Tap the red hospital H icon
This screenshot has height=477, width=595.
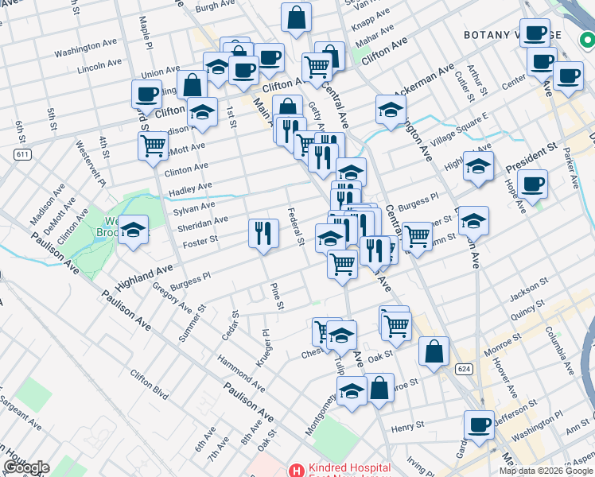point(296,471)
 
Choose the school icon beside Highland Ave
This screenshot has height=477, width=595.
point(133,231)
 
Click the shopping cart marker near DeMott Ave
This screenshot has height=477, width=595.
point(152,145)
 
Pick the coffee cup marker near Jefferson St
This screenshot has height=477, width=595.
point(479,425)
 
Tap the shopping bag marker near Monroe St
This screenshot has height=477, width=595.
point(434,351)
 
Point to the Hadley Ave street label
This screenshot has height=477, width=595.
point(189,188)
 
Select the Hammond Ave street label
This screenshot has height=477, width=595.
point(242,372)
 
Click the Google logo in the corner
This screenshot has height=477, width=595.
point(26,467)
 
